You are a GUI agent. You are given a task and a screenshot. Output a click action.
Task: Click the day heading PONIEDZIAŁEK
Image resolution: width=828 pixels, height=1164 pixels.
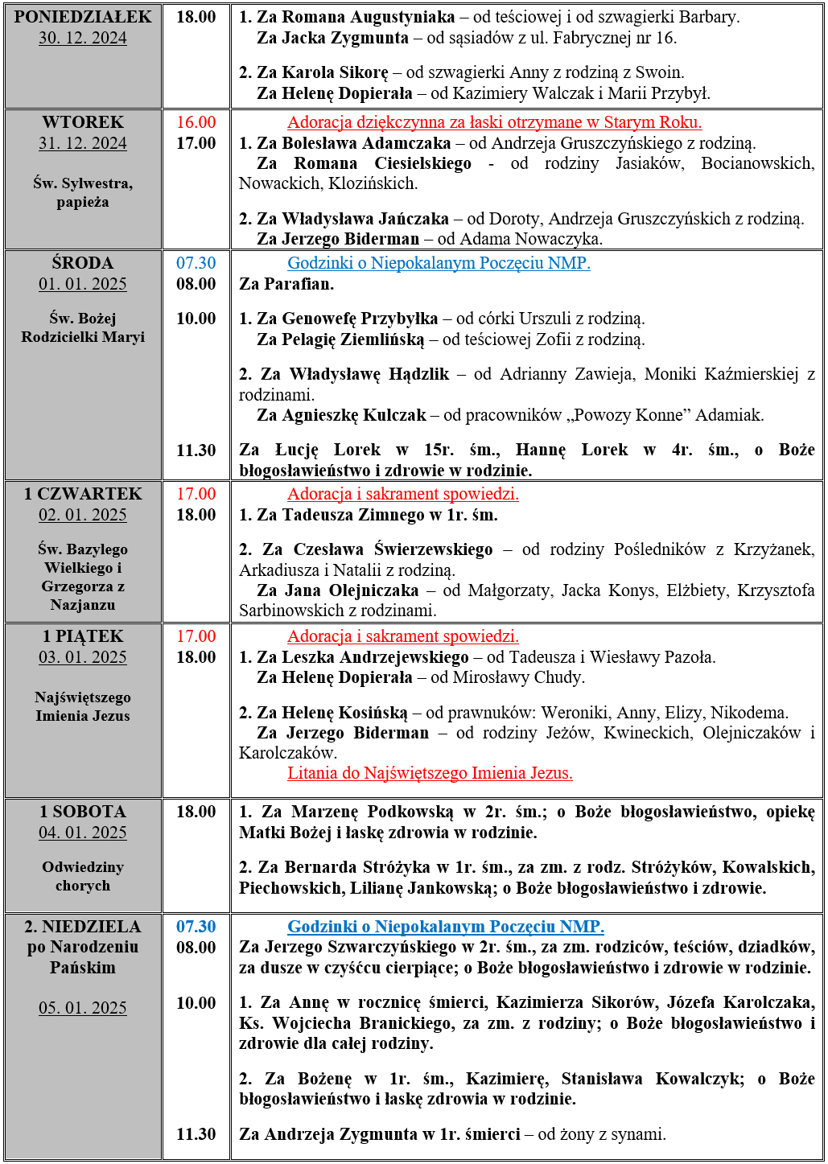(83, 17)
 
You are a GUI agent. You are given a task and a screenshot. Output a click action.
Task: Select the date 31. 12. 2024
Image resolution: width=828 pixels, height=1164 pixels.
(83, 143)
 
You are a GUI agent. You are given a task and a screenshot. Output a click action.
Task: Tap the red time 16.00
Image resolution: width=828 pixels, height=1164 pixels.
(196, 122)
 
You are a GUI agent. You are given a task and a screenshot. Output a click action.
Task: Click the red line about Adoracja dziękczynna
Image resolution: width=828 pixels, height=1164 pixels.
(494, 122)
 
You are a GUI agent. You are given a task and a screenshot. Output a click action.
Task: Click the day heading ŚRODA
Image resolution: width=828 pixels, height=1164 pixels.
(83, 263)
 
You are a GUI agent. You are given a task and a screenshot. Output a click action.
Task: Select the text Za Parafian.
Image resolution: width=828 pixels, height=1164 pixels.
(286, 284)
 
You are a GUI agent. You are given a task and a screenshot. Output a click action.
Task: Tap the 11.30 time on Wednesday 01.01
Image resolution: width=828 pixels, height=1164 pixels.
(196, 450)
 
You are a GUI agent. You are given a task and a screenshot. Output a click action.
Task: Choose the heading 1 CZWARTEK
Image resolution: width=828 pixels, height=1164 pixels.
(83, 494)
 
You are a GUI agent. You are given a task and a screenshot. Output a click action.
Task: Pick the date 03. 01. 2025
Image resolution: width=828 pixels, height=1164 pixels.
(83, 657)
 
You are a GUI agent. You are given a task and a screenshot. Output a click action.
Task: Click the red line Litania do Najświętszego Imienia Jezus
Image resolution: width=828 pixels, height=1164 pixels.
(430, 773)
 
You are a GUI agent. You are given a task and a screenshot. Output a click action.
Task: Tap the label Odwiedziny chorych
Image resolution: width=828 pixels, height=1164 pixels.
(83, 876)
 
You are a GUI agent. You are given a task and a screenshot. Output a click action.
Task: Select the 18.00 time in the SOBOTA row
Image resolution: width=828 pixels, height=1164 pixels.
(196, 812)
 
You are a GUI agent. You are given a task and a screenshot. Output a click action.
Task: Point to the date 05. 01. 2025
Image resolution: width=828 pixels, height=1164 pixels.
(83, 1008)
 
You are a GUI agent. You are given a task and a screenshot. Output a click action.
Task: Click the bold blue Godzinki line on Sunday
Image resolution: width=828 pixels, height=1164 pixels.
(446, 927)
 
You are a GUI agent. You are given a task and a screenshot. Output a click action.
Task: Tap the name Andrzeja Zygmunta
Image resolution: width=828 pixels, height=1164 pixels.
(341, 1134)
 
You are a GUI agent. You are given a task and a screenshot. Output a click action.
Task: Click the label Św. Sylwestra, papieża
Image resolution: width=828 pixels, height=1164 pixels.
(83, 192)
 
